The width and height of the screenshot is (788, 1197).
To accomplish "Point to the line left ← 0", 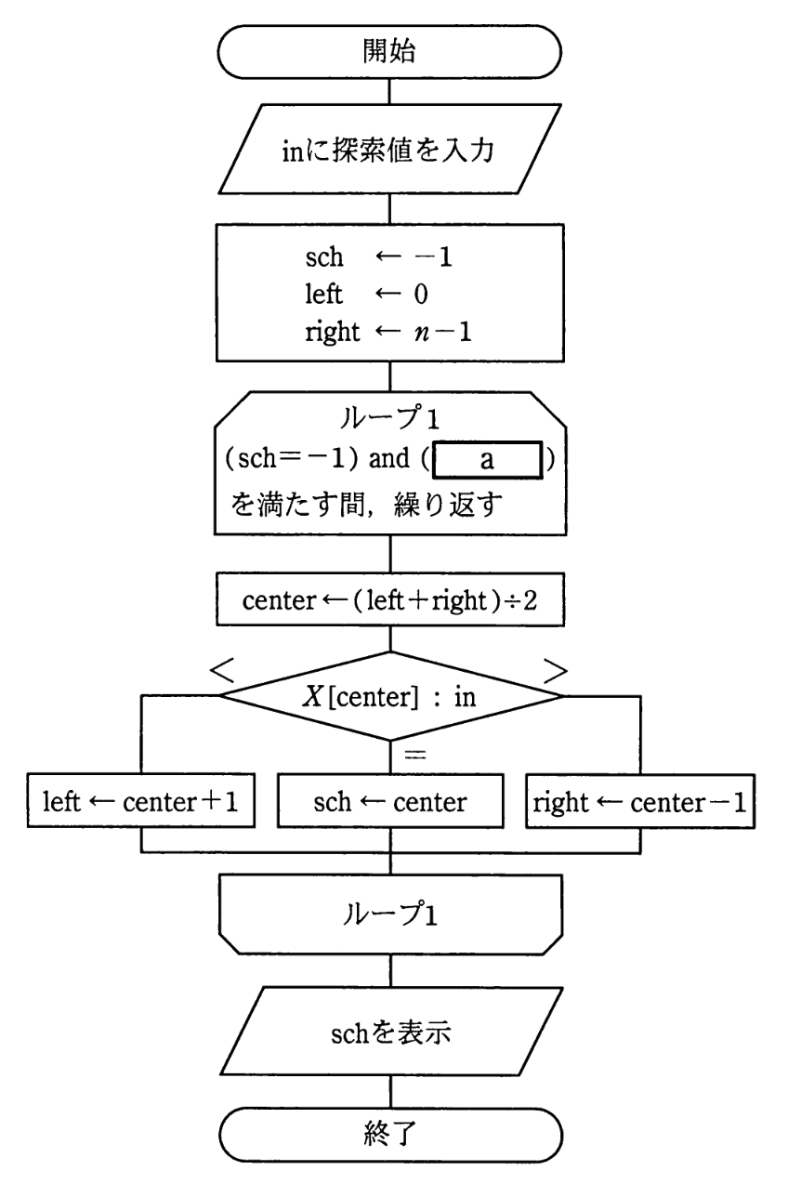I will pos(362,294).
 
